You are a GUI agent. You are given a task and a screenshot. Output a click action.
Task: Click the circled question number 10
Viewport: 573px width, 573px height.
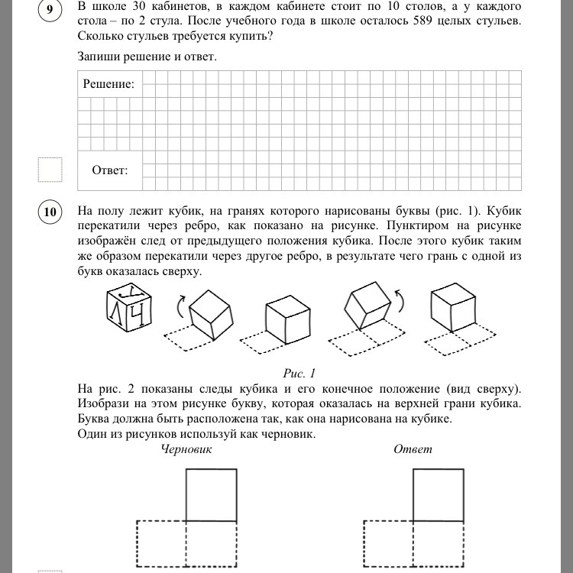pos(50,213)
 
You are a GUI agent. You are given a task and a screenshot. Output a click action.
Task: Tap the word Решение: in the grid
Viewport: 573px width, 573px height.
pos(108,84)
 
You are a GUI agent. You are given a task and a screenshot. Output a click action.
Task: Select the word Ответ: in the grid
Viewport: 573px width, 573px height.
pos(110,170)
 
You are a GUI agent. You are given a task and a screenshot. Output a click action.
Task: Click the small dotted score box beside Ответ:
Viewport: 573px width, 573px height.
pos(50,170)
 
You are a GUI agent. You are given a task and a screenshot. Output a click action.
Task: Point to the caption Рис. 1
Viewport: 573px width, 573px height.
pos(299,374)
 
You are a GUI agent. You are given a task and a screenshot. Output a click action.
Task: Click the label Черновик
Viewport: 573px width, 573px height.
pos(186,449)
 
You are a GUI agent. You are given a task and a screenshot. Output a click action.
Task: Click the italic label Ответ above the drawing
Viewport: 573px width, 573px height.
pos(413,449)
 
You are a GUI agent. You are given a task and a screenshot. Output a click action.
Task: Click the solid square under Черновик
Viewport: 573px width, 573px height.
pos(211,494)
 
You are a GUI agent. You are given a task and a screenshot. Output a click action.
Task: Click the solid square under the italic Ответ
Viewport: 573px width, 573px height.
pos(438,494)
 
